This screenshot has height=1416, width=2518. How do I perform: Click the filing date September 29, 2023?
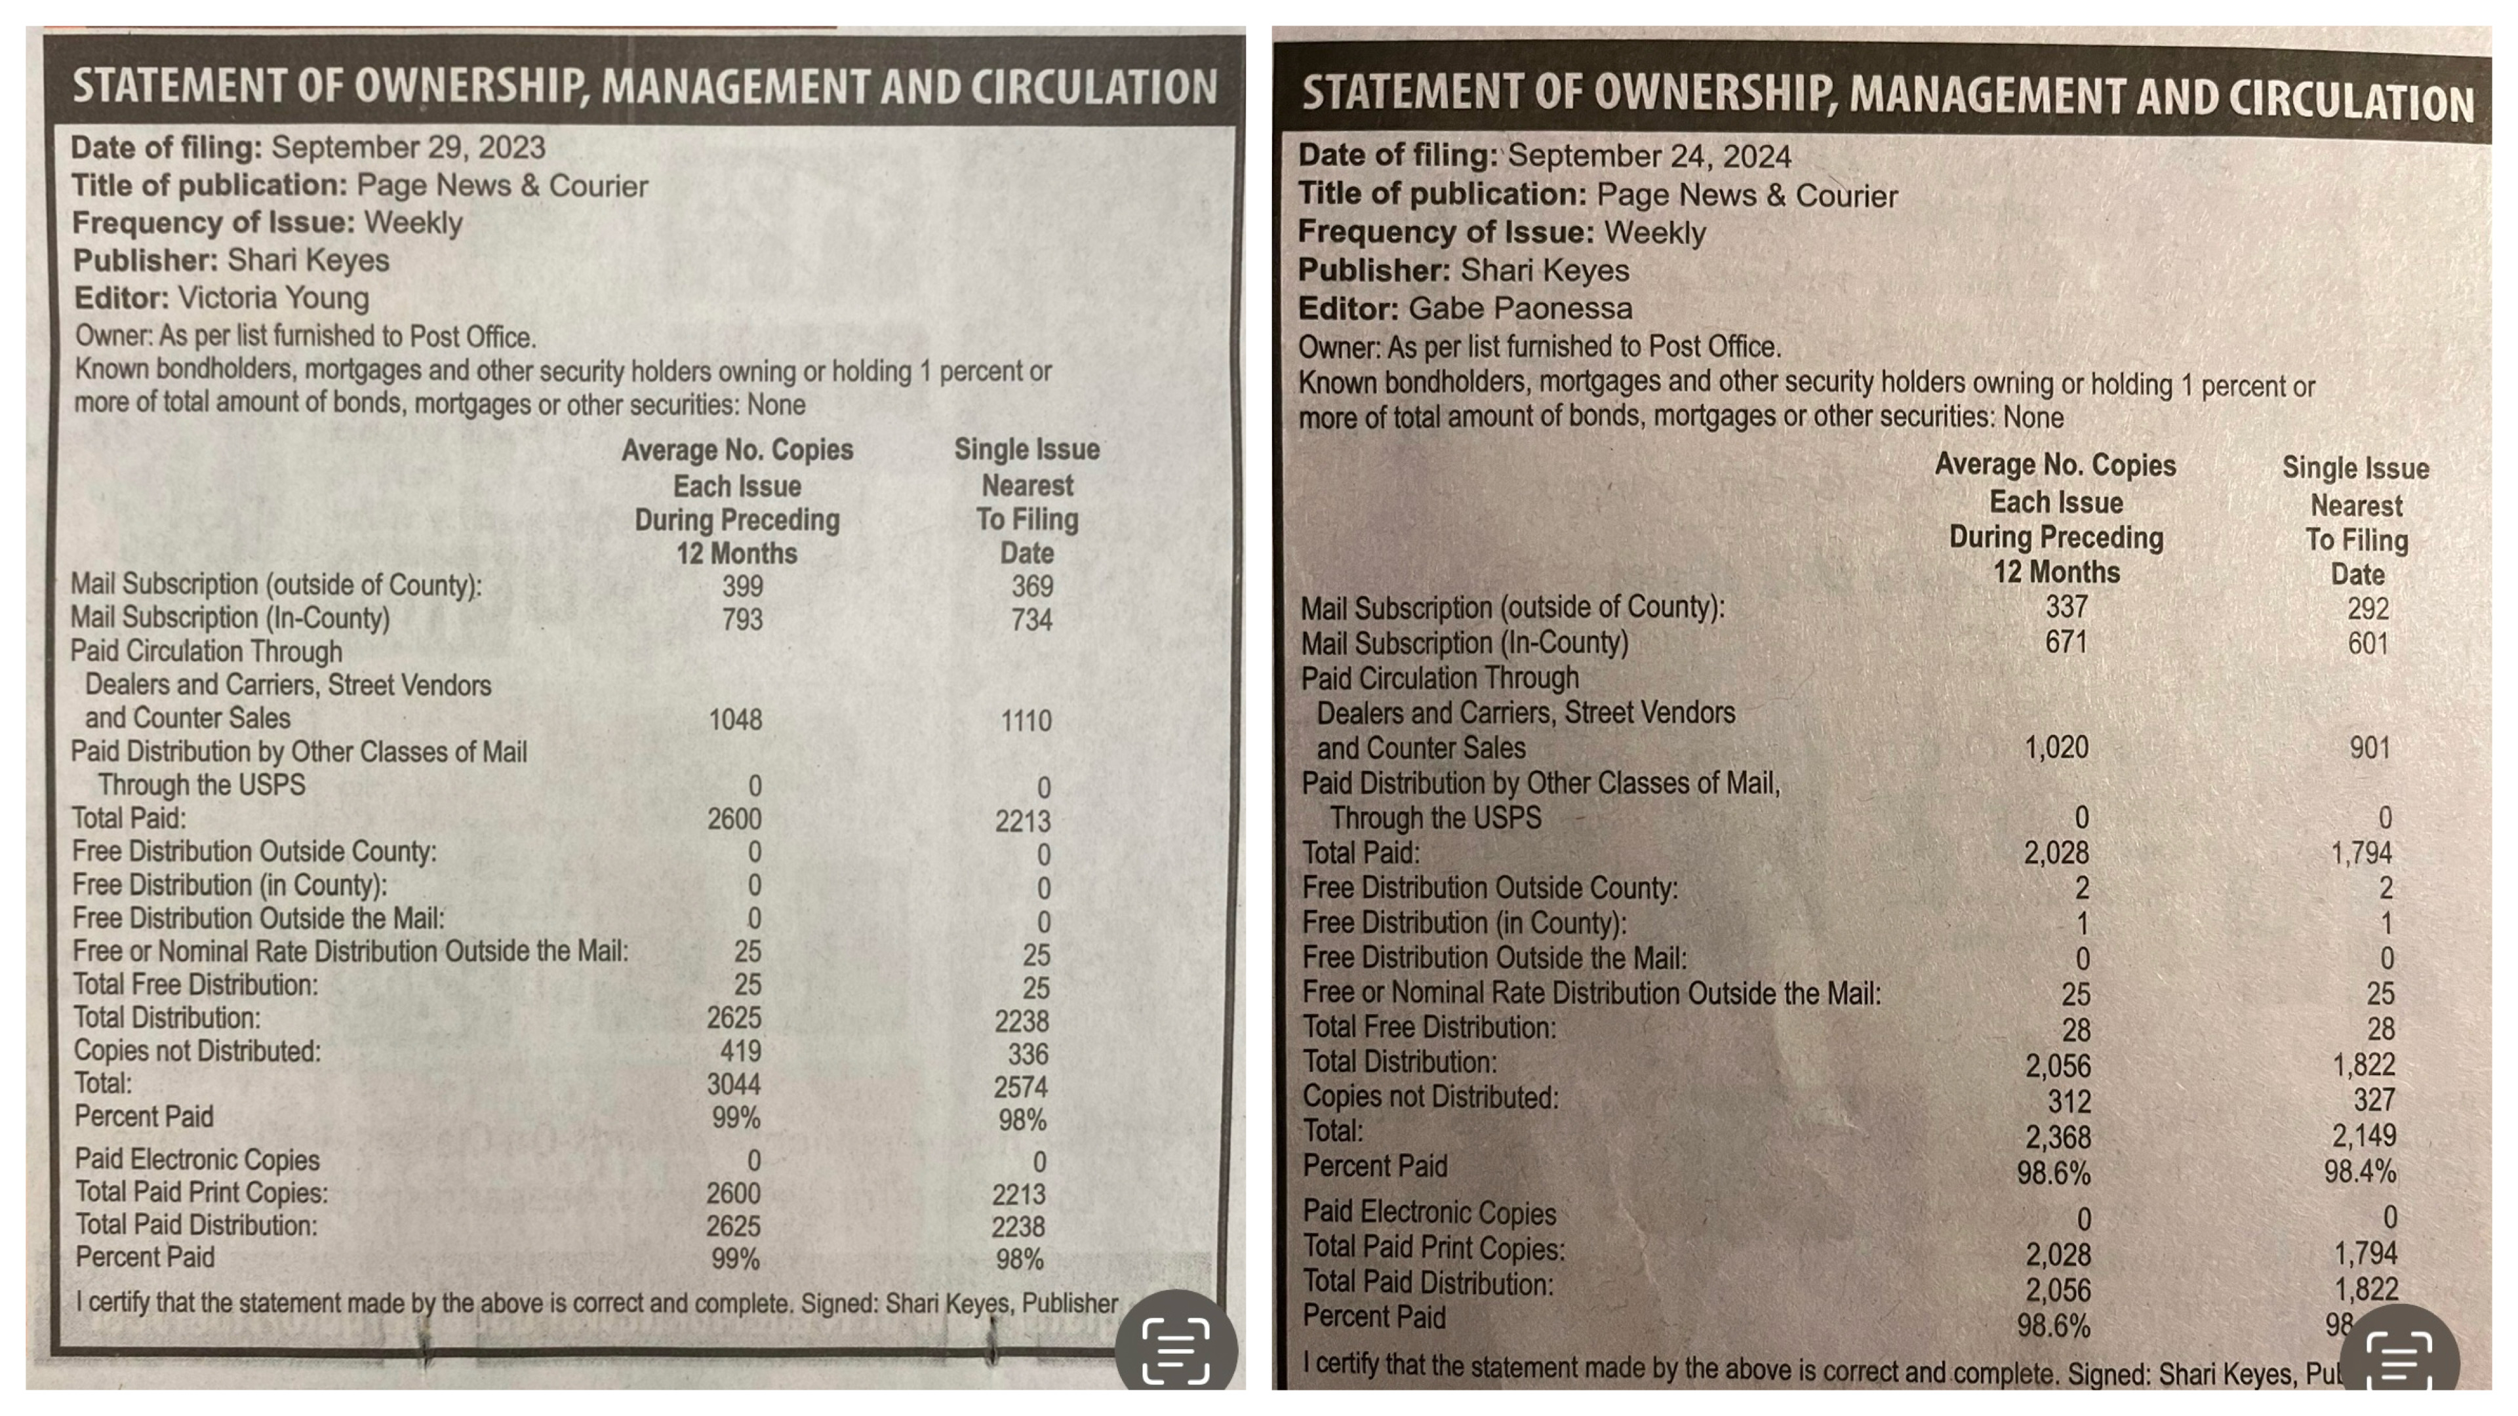coord(408,147)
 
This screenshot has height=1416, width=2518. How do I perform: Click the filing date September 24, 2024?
coord(1649,157)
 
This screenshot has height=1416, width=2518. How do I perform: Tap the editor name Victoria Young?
coord(273,298)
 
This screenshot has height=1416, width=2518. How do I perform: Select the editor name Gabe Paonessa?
coord(1520,309)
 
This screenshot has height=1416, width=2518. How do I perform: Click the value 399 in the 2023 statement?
coord(743,586)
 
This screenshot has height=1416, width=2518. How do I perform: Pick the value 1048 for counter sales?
coord(735,720)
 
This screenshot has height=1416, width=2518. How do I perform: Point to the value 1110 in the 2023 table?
coord(1026,721)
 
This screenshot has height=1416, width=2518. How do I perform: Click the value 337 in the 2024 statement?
coord(2066,607)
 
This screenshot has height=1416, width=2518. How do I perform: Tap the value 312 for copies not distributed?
coord(2069,1102)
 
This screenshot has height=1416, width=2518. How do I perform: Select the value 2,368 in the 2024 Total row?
coord(2058,1137)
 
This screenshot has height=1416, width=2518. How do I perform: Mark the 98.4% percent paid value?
coord(2360,1171)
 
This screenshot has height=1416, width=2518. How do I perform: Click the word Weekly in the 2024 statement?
coord(1655,233)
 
